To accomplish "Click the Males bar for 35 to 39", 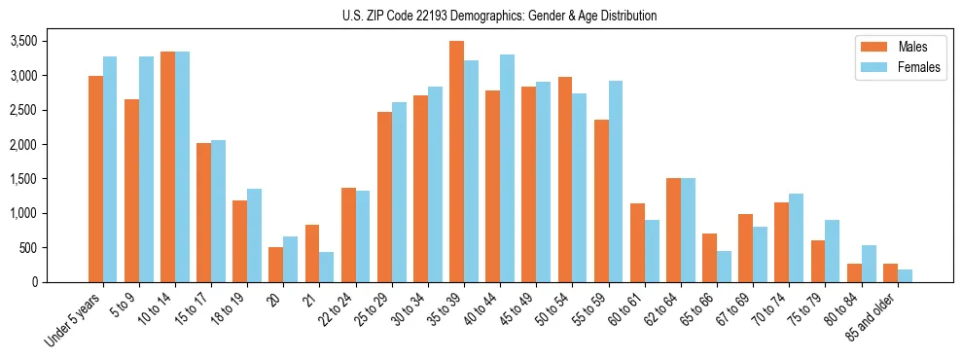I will [456, 162].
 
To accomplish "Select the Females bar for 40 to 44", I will [507, 168].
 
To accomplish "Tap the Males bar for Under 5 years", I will [95, 179].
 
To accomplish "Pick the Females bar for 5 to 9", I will [146, 169].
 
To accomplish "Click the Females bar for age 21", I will [326, 268].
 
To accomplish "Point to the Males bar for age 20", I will [275, 265].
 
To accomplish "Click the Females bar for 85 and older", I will [904, 276].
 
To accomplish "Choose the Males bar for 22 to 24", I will [348, 234].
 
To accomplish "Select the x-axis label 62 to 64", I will [660, 306].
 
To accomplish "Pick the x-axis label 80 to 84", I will [841, 306].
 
